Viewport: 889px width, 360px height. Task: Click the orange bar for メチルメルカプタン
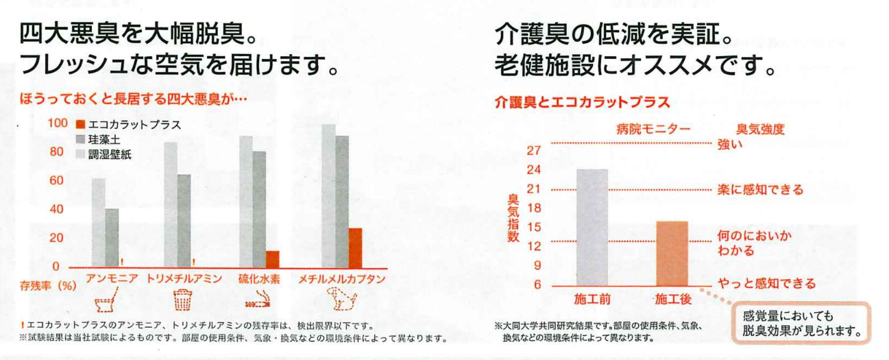pyautogui.click(x=355, y=248)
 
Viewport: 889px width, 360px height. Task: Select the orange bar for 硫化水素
pyautogui.click(x=273, y=259)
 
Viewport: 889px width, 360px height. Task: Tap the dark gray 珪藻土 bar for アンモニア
pyautogui.click(x=112, y=237)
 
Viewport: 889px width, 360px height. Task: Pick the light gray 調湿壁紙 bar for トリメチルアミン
pyautogui.click(x=171, y=204)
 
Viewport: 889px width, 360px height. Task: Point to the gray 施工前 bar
pyautogui.click(x=592, y=226)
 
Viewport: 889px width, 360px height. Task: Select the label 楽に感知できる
pyautogui.click(x=760, y=190)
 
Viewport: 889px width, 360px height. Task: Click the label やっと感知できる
pyautogui.click(x=766, y=283)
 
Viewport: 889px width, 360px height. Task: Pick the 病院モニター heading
pyautogui.click(x=653, y=129)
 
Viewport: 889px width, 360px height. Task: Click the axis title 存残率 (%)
pyautogui.click(x=47, y=283)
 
